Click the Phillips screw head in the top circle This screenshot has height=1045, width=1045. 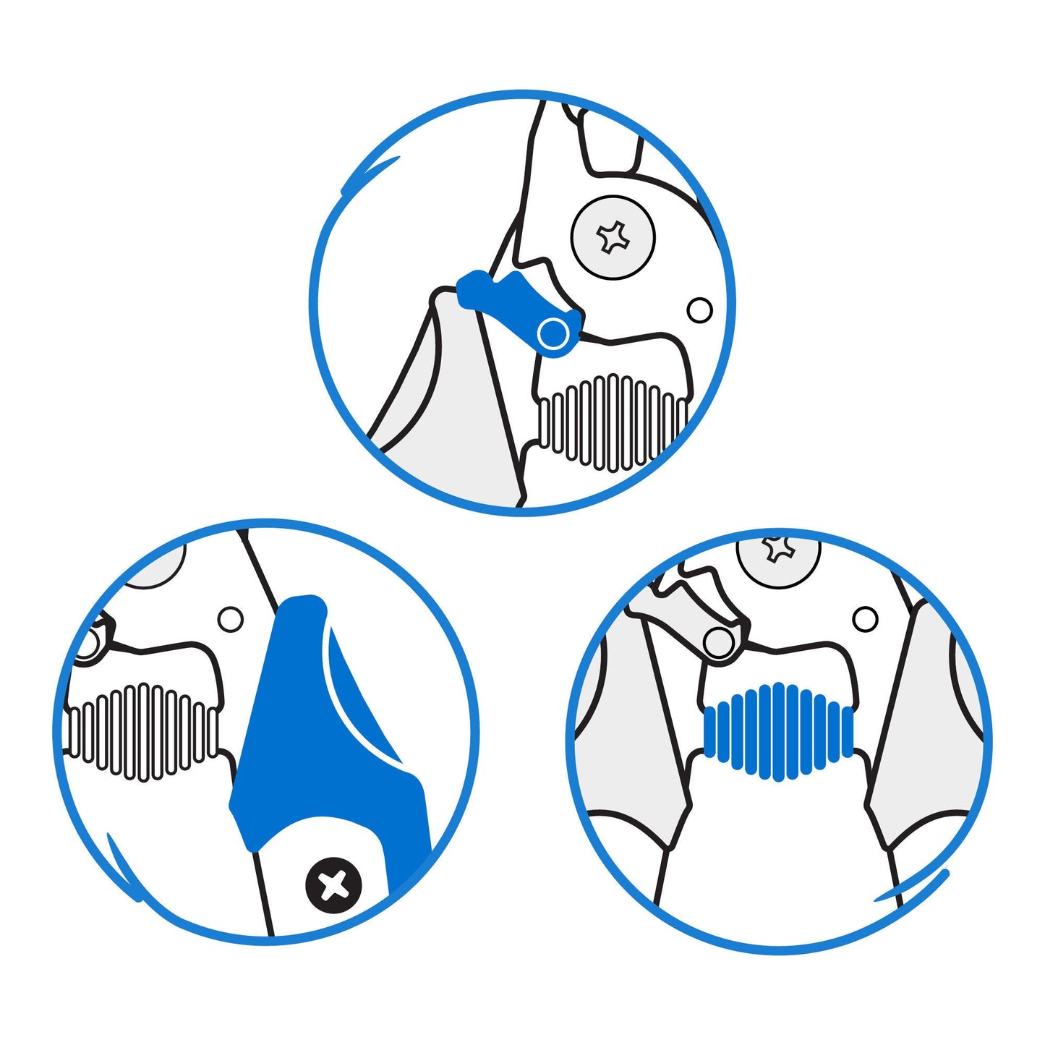tap(613, 236)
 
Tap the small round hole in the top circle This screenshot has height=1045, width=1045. tap(699, 310)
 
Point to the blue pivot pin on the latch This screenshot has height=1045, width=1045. tap(553, 333)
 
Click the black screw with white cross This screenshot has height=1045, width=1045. tap(333, 884)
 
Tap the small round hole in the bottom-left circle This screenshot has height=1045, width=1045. tap(231, 619)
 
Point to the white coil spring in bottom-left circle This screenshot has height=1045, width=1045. tap(141, 732)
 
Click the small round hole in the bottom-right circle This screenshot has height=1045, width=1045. tap(865, 619)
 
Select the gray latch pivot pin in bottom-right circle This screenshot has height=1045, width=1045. tap(718, 643)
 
